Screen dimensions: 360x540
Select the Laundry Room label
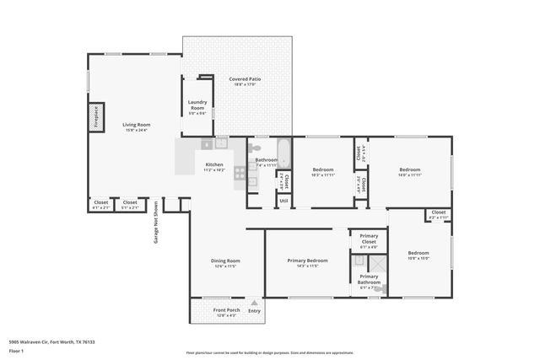pos(197,105)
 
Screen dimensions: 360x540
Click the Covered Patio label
pos(245,79)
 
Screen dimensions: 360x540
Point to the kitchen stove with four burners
pos(240,173)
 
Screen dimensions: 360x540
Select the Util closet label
pos(283,201)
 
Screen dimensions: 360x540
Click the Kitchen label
pos(215,164)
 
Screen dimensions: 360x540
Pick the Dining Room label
pos(225,261)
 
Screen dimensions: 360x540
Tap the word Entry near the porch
pos(254,310)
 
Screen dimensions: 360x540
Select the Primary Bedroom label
pos(306,261)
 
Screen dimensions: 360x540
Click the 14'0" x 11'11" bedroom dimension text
pos(409,175)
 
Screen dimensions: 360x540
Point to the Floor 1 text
pos(16,350)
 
